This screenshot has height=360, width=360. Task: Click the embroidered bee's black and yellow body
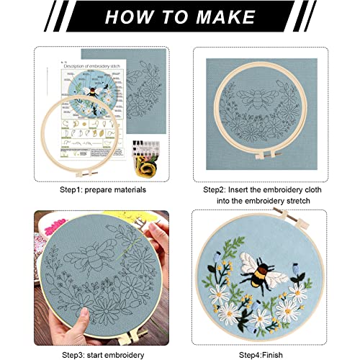click(x=277, y=274)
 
